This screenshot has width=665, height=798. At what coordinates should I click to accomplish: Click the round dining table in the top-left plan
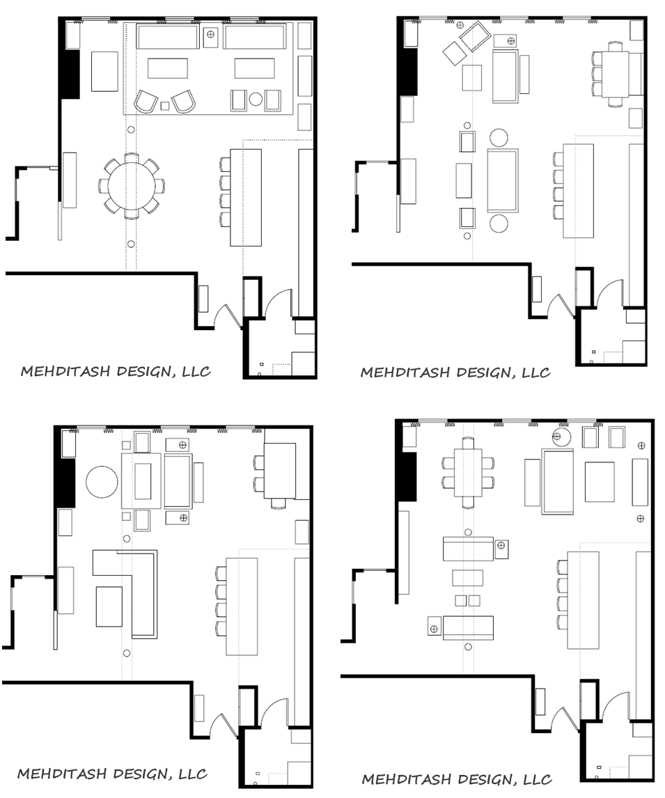(132, 185)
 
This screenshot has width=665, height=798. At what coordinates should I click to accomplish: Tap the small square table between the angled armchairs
(164, 106)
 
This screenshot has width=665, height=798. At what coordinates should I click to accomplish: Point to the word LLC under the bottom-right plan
(536, 779)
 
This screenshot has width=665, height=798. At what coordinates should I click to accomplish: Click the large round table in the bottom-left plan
(102, 481)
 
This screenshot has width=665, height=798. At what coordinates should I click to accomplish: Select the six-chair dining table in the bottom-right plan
(468, 473)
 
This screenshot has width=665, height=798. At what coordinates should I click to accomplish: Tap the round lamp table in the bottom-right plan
(562, 437)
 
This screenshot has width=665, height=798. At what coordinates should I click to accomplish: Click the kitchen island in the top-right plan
(579, 191)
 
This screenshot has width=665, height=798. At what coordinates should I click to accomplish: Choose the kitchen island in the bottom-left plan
(242, 607)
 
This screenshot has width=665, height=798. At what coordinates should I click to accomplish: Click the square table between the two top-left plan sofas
(210, 36)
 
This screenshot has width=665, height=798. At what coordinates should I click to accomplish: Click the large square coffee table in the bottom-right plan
(600, 482)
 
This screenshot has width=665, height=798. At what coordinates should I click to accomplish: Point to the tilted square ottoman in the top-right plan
(454, 53)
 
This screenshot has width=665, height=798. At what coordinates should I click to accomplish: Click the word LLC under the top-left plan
(196, 371)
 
